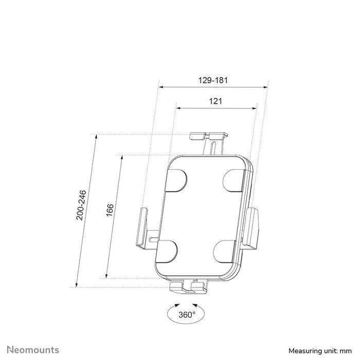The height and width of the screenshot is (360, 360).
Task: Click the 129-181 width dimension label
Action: (213, 80)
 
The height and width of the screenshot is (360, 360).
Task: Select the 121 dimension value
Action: (215, 101)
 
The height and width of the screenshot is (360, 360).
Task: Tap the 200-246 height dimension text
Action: (81, 205)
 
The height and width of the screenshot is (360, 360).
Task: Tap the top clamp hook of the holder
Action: (209, 136)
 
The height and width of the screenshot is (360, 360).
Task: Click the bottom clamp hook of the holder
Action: (188, 286)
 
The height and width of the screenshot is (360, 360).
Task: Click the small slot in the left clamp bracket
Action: (153, 239)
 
